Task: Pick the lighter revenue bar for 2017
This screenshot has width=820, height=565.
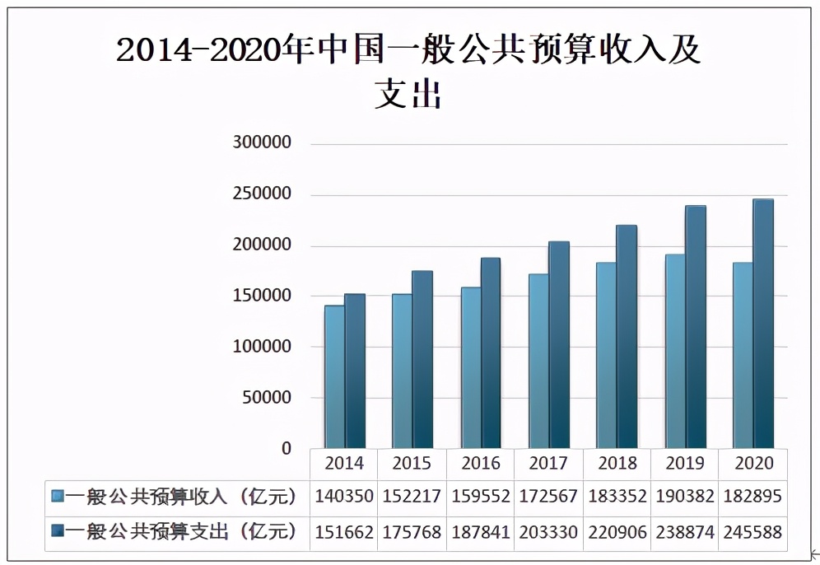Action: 538,362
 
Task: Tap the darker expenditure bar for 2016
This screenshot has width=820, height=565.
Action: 491,353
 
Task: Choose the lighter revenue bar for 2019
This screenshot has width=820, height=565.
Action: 675,352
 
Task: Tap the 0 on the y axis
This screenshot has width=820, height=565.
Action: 287,449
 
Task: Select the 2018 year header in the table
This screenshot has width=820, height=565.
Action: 617,463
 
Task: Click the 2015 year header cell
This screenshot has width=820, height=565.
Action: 412,463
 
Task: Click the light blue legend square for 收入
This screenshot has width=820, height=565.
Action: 57,497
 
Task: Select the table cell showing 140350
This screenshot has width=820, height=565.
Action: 344,497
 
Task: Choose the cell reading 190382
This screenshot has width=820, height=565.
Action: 685,497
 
